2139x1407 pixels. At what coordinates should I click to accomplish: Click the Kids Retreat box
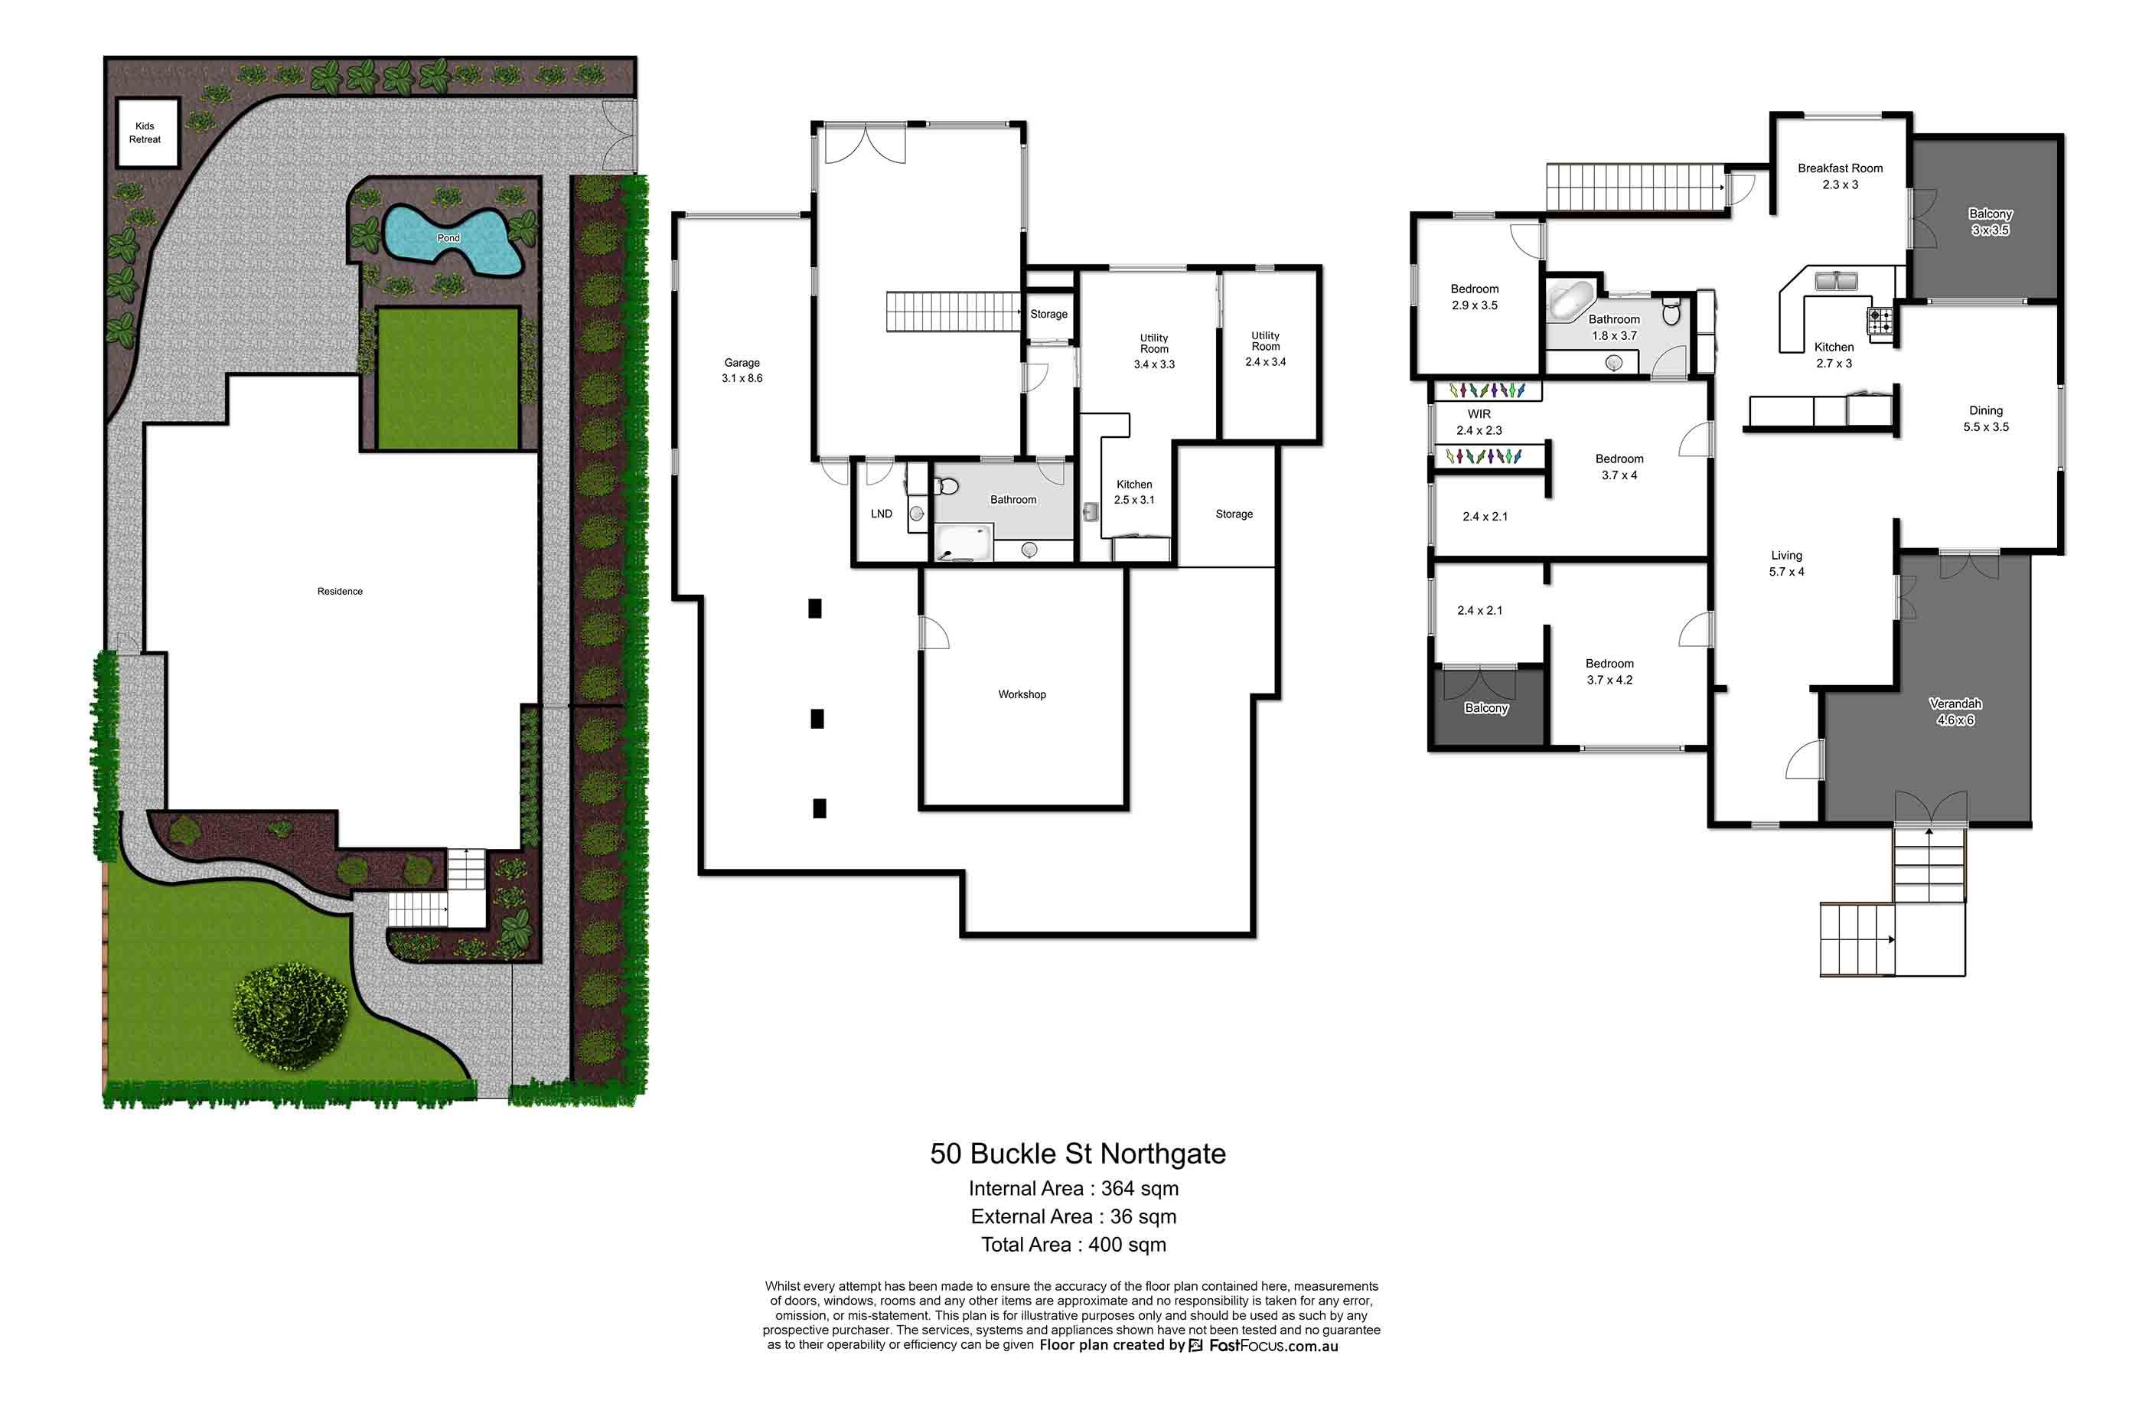pos(145,133)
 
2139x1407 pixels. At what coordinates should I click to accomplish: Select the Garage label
pos(742,363)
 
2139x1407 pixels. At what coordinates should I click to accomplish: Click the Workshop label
pos(1022,694)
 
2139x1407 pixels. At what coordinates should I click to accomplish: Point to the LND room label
pos(881,514)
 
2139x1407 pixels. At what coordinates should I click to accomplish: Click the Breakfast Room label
pos(1840,168)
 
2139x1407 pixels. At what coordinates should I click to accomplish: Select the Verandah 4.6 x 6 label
pos(1955,712)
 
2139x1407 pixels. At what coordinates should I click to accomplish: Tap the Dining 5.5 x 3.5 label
pos(1985,419)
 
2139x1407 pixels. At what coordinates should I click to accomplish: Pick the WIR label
pos(1479,414)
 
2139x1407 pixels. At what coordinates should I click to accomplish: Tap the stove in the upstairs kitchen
pos(1880,320)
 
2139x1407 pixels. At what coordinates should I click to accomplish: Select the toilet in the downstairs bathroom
pos(947,486)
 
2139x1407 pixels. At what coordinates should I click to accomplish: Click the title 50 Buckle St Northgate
pos(1078,1154)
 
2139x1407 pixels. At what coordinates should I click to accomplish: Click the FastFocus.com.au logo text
pos(1273,1346)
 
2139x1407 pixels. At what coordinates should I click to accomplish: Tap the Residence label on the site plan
pos(340,592)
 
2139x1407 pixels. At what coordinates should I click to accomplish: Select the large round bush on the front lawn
pos(289,1016)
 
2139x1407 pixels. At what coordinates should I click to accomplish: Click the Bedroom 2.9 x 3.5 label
pos(1474,297)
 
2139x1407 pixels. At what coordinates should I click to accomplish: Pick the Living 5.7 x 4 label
pos(1787,563)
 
